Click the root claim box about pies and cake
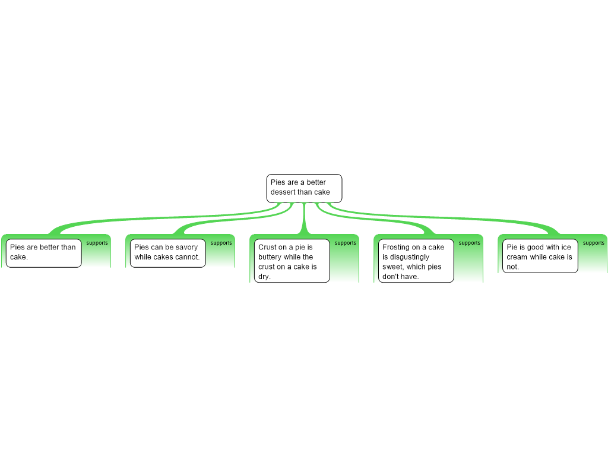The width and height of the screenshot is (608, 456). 304,188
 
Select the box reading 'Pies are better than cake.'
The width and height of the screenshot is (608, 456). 43,253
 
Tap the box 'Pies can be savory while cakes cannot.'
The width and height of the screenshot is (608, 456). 167,253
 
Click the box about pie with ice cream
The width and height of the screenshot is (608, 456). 540,256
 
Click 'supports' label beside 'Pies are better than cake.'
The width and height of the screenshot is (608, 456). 97,243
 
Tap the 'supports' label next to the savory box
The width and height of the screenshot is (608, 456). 221,243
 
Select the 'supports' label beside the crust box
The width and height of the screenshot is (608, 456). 346,243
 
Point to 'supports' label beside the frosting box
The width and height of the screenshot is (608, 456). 470,243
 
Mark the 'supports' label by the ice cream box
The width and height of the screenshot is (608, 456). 594,243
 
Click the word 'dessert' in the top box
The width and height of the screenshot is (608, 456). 283,192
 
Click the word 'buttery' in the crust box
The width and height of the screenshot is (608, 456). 271,257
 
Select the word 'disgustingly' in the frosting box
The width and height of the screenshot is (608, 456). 406,257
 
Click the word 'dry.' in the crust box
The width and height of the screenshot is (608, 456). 264,277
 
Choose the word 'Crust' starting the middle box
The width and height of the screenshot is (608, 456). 268,247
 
